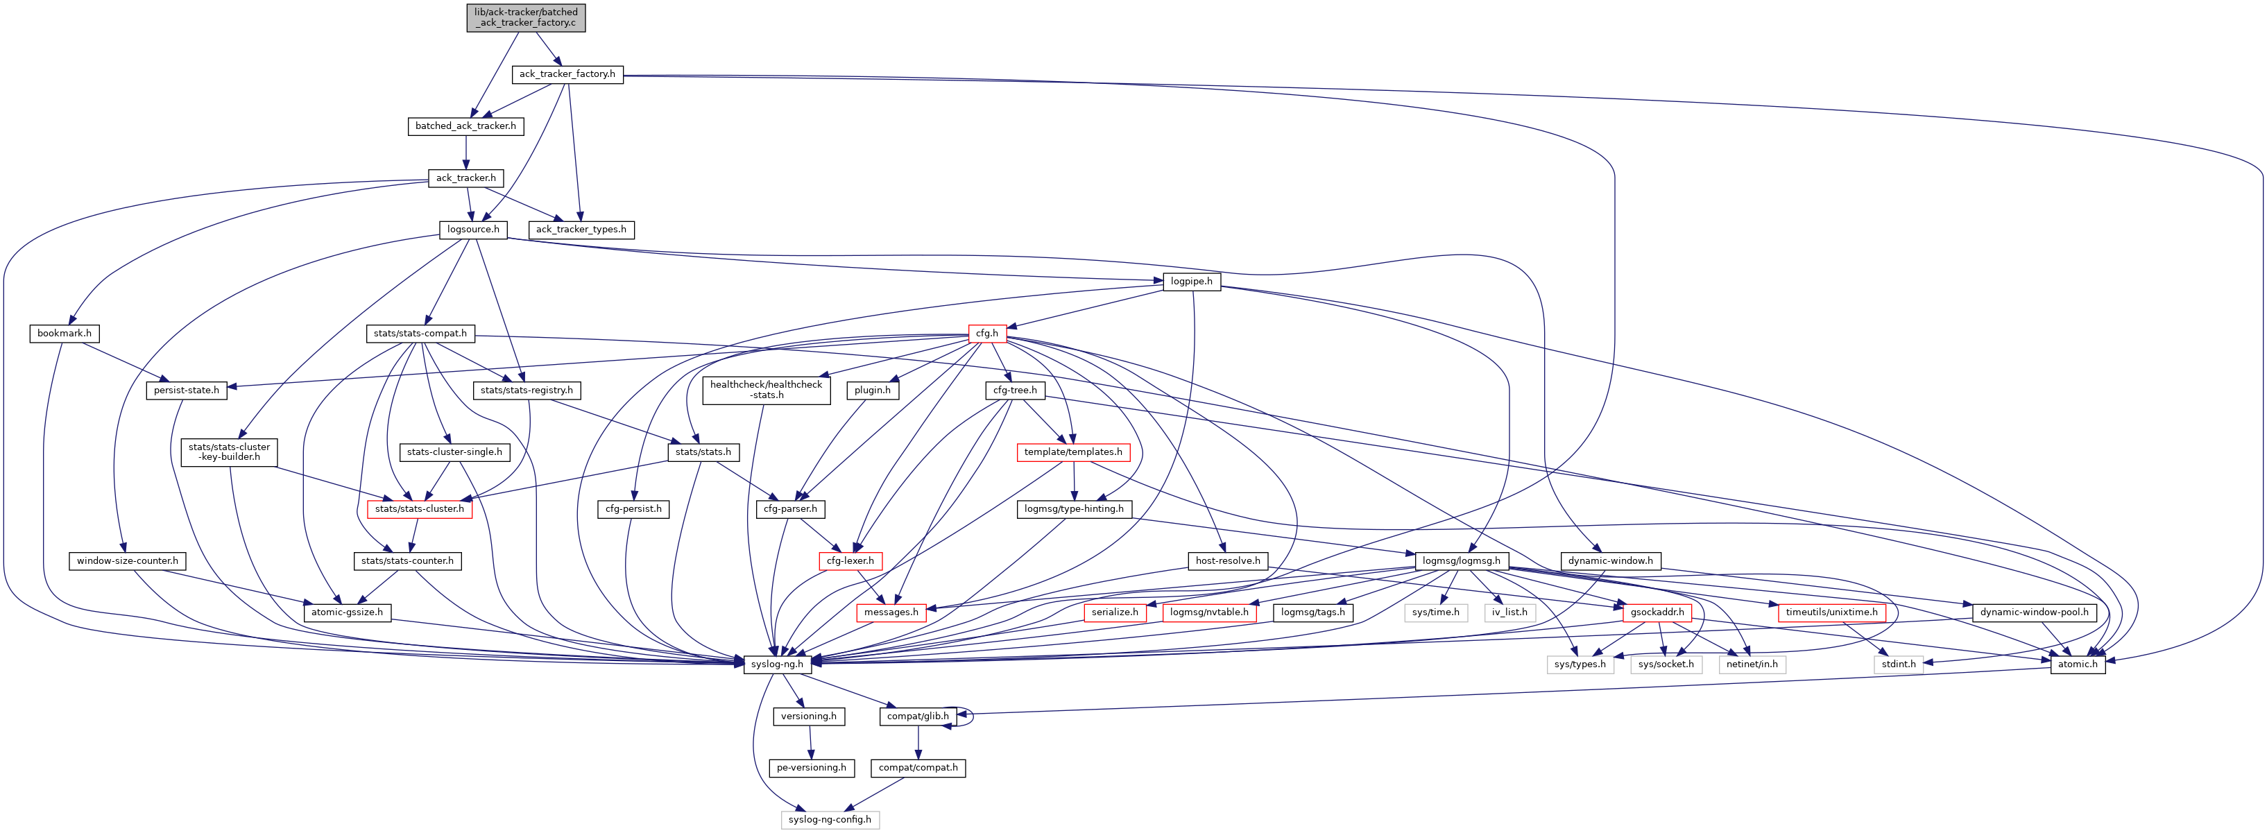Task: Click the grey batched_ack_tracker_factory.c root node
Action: (525, 17)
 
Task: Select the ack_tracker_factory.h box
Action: (567, 74)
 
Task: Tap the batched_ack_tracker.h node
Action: (465, 126)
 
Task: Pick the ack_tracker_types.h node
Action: (581, 230)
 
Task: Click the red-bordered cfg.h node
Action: (986, 334)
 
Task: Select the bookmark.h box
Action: (65, 334)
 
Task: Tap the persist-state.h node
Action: (187, 390)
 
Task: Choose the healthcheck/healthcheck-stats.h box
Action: (766, 390)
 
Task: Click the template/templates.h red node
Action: (1072, 452)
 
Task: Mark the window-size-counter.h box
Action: (127, 561)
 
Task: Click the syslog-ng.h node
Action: (776, 664)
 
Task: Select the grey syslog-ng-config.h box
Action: (829, 820)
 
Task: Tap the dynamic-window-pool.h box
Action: (2034, 612)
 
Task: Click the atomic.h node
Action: (2078, 664)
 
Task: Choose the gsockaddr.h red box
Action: (1657, 612)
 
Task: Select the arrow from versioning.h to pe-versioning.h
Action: (810, 741)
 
